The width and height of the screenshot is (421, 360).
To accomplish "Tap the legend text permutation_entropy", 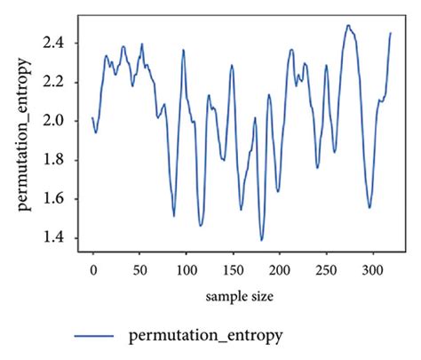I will [x=206, y=335].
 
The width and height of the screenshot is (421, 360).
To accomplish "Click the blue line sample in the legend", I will [x=93, y=336].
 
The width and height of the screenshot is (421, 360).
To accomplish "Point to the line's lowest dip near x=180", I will [x=262, y=240].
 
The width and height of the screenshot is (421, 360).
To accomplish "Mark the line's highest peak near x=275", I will [x=348, y=26].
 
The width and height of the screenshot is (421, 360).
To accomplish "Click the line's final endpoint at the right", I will [x=391, y=33].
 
